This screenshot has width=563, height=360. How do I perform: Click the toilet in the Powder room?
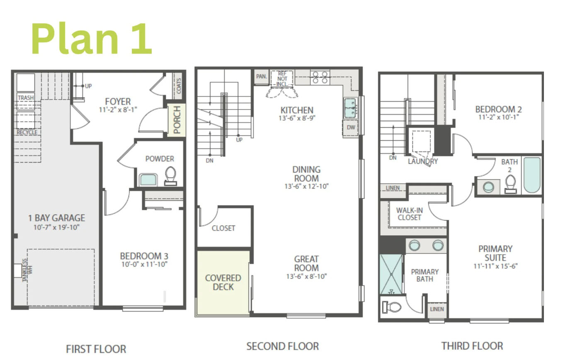pos(170,176)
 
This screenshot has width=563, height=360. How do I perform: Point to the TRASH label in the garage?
pos(26,98)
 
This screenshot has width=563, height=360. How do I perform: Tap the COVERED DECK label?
pos(223,282)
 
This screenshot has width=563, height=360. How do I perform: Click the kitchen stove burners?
pos(320,78)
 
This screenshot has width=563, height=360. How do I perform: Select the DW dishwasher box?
pos(351,127)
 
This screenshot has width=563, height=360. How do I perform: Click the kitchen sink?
pos(351,108)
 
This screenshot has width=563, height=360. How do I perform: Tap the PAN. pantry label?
pos(261,77)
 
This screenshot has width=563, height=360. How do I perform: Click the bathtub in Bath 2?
pos(531,175)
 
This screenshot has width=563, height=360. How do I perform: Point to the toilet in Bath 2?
pos(511,184)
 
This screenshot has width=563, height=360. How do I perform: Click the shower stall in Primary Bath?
pos(391,274)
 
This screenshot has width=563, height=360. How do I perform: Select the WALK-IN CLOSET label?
pos(409,214)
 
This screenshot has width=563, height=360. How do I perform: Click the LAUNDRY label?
pos(422,161)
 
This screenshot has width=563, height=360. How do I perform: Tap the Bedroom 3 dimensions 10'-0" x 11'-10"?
pos(144,264)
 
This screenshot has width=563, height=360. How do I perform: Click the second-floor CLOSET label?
pos(223,228)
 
